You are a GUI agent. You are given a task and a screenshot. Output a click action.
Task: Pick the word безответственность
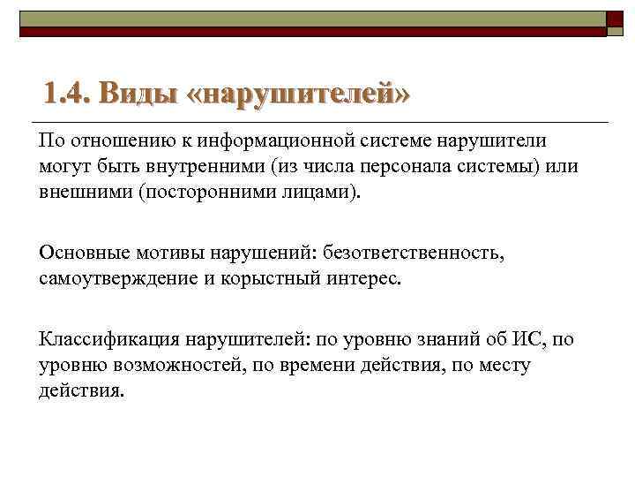coord(414,254)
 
